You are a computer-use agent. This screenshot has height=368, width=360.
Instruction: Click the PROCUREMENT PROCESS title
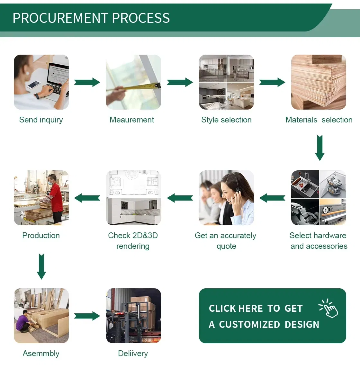coord(91,18)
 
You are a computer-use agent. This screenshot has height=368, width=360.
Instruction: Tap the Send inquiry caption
coord(41,120)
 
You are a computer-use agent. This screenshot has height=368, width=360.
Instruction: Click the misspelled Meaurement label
coord(132,120)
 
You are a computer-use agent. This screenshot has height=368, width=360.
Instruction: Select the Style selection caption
coord(226,120)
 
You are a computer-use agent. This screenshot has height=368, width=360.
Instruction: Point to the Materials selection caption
coord(319,120)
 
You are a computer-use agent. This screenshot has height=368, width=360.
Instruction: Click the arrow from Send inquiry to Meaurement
coord(87,82)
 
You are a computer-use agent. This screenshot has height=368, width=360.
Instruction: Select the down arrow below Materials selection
coord(319,148)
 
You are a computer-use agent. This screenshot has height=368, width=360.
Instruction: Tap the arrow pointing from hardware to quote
coord(272,198)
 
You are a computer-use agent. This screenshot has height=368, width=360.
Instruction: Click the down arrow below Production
coord(41,266)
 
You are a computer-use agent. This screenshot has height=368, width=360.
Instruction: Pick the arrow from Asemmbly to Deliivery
coord(87,316)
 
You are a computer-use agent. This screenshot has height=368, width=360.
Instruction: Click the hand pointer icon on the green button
coord(329,309)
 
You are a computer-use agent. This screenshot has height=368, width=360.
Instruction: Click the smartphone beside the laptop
coord(33,85)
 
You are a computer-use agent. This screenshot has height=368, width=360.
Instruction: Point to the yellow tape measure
coord(135,87)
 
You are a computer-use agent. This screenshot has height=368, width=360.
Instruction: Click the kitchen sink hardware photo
coord(305,184)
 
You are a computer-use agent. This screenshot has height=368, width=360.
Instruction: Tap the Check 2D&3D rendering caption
coord(133,241)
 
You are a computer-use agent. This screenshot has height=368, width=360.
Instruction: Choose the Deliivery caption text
coord(133,354)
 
